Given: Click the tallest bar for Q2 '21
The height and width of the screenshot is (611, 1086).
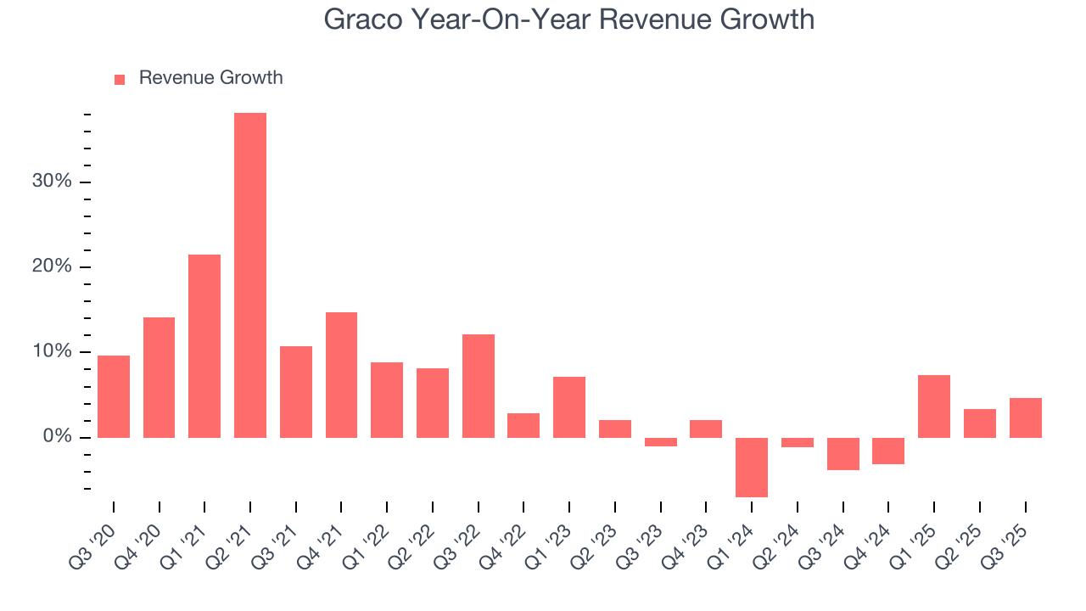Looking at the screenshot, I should pyautogui.click(x=250, y=275).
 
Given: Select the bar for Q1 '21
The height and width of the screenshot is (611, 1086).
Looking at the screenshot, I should pyautogui.click(x=204, y=346).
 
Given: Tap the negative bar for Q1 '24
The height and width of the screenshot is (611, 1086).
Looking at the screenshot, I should pyautogui.click(x=752, y=467).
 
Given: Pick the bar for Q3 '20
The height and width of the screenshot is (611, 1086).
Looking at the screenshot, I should pyautogui.click(x=114, y=396).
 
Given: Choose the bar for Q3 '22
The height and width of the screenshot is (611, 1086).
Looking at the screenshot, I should pyautogui.click(x=479, y=386).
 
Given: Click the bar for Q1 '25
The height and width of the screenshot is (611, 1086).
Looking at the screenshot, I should pyautogui.click(x=934, y=406).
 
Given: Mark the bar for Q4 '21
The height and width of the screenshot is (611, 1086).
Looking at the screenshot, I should pyautogui.click(x=341, y=375).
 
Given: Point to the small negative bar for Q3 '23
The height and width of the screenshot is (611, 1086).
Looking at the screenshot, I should pyautogui.click(x=661, y=442).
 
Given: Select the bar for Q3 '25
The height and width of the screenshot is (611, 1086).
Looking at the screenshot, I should pyautogui.click(x=1025, y=418).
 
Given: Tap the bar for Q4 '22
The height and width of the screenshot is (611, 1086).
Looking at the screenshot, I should pyautogui.click(x=523, y=425).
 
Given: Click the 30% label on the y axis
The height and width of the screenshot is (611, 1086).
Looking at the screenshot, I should pyautogui.click(x=52, y=182).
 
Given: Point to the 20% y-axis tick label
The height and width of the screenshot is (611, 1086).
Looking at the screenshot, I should pyautogui.click(x=52, y=267).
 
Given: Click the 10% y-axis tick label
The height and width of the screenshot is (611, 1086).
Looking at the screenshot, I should pyautogui.click(x=52, y=352).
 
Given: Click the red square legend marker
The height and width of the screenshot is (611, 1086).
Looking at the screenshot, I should pyautogui.click(x=120, y=79).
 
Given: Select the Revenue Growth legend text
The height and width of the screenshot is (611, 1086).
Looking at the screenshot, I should pyautogui.click(x=210, y=78).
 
